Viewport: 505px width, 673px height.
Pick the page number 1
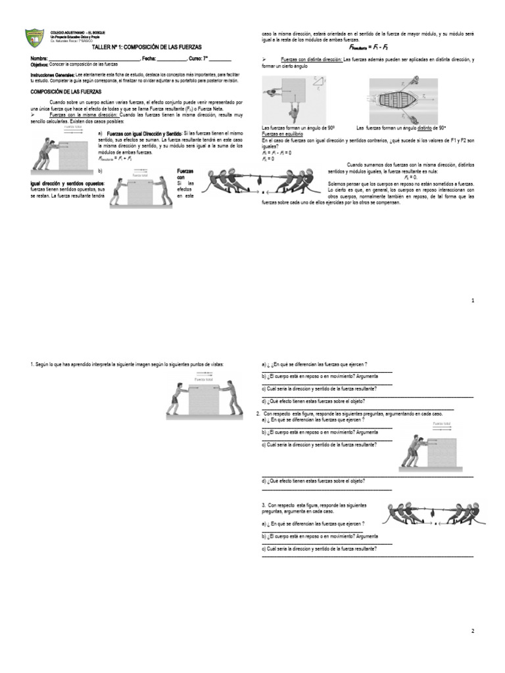click(472, 300)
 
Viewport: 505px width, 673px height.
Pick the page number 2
click(472, 631)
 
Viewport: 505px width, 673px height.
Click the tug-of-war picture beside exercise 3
click(435, 513)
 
